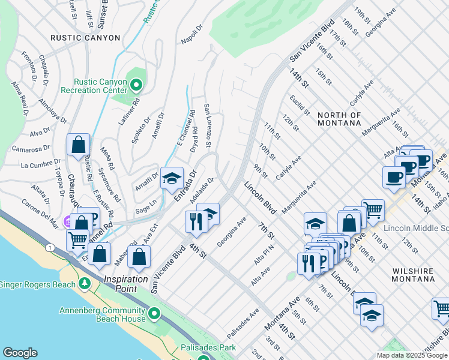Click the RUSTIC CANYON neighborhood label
tap(85, 37)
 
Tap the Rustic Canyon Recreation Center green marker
tap(136, 85)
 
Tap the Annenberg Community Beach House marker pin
tap(154, 314)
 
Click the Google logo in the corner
tap(20, 353)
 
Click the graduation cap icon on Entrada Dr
tap(172, 178)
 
